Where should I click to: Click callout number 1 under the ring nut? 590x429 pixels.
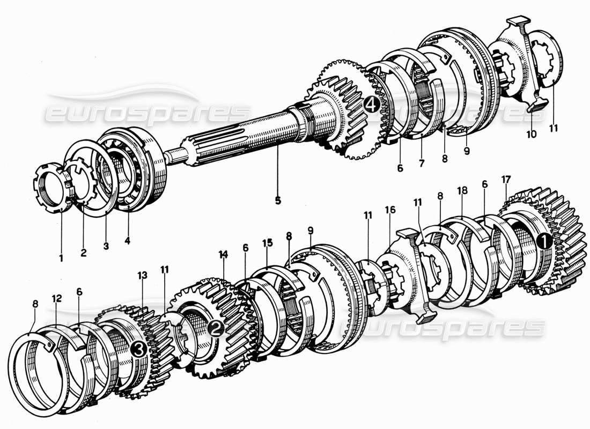point(61,258)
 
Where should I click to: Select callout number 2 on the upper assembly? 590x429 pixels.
point(83,253)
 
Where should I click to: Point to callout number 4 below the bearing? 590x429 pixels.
point(127,241)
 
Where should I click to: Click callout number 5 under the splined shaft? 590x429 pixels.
point(278,201)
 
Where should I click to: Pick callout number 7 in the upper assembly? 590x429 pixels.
point(421,164)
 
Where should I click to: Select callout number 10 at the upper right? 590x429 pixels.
point(531,134)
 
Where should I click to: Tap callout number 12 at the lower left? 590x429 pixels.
point(56,297)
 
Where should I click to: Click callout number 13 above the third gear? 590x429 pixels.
point(142,275)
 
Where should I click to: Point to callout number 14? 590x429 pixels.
point(224,253)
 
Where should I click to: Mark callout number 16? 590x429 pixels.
point(390,210)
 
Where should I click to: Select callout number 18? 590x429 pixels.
point(462,190)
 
